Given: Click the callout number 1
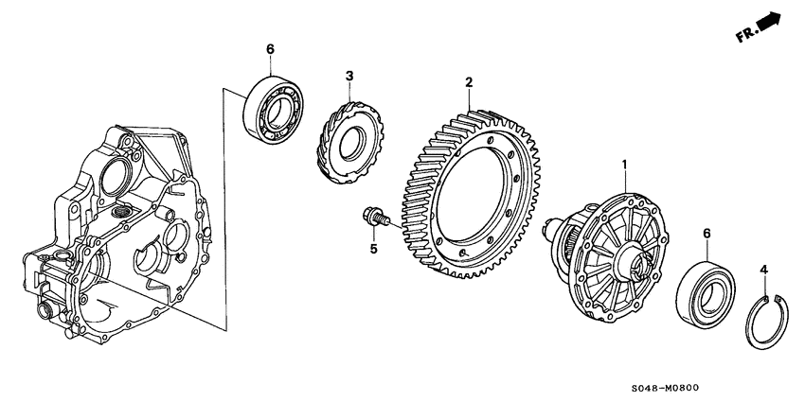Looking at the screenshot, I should point(624,165).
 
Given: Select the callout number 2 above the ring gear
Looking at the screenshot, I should point(468,83).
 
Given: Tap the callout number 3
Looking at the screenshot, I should point(349,76).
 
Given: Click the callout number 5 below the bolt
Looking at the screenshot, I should point(373,250).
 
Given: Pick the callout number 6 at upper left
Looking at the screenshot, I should point(270,49).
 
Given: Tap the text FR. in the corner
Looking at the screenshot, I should point(746,36).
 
